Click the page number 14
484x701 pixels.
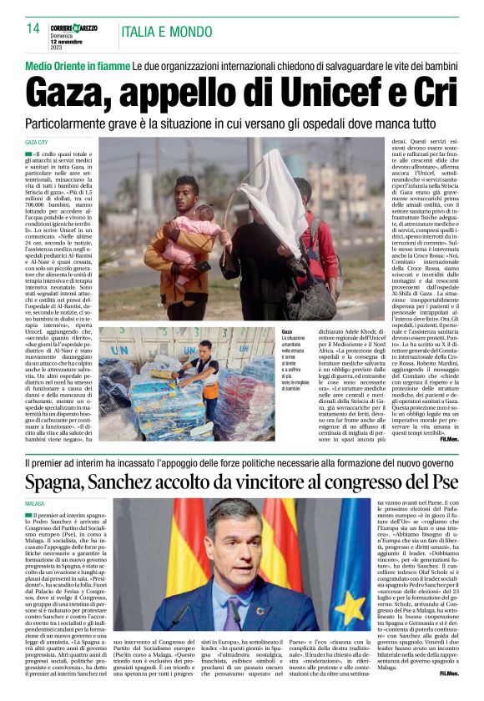[x=33, y=28]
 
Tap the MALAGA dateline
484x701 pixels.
[x=34, y=504]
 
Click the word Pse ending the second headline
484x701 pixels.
[x=440, y=482]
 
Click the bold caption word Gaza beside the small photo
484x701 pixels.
[x=288, y=331]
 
